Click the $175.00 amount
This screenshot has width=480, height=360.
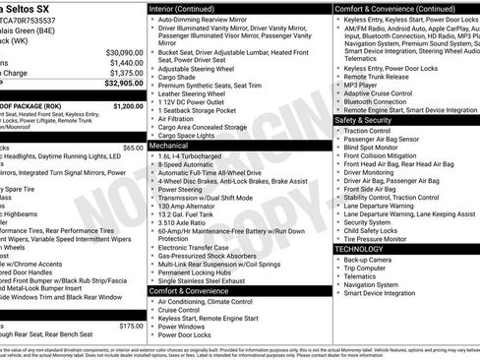click(130, 325)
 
